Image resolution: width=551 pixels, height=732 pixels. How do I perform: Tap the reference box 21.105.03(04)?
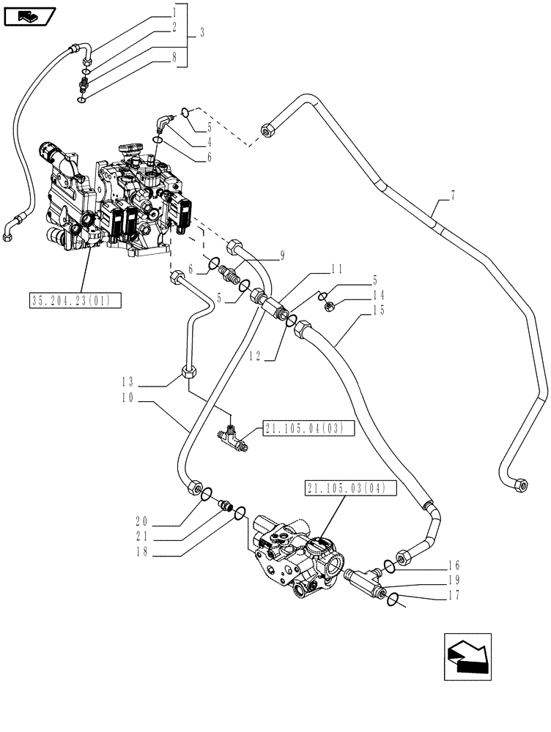(350, 488)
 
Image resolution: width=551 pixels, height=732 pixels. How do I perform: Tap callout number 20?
(142, 521)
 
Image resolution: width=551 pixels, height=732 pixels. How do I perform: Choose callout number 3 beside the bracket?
(201, 34)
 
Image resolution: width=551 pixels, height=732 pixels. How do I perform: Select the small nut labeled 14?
(330, 306)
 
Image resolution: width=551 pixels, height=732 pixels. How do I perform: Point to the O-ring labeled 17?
(393, 600)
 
